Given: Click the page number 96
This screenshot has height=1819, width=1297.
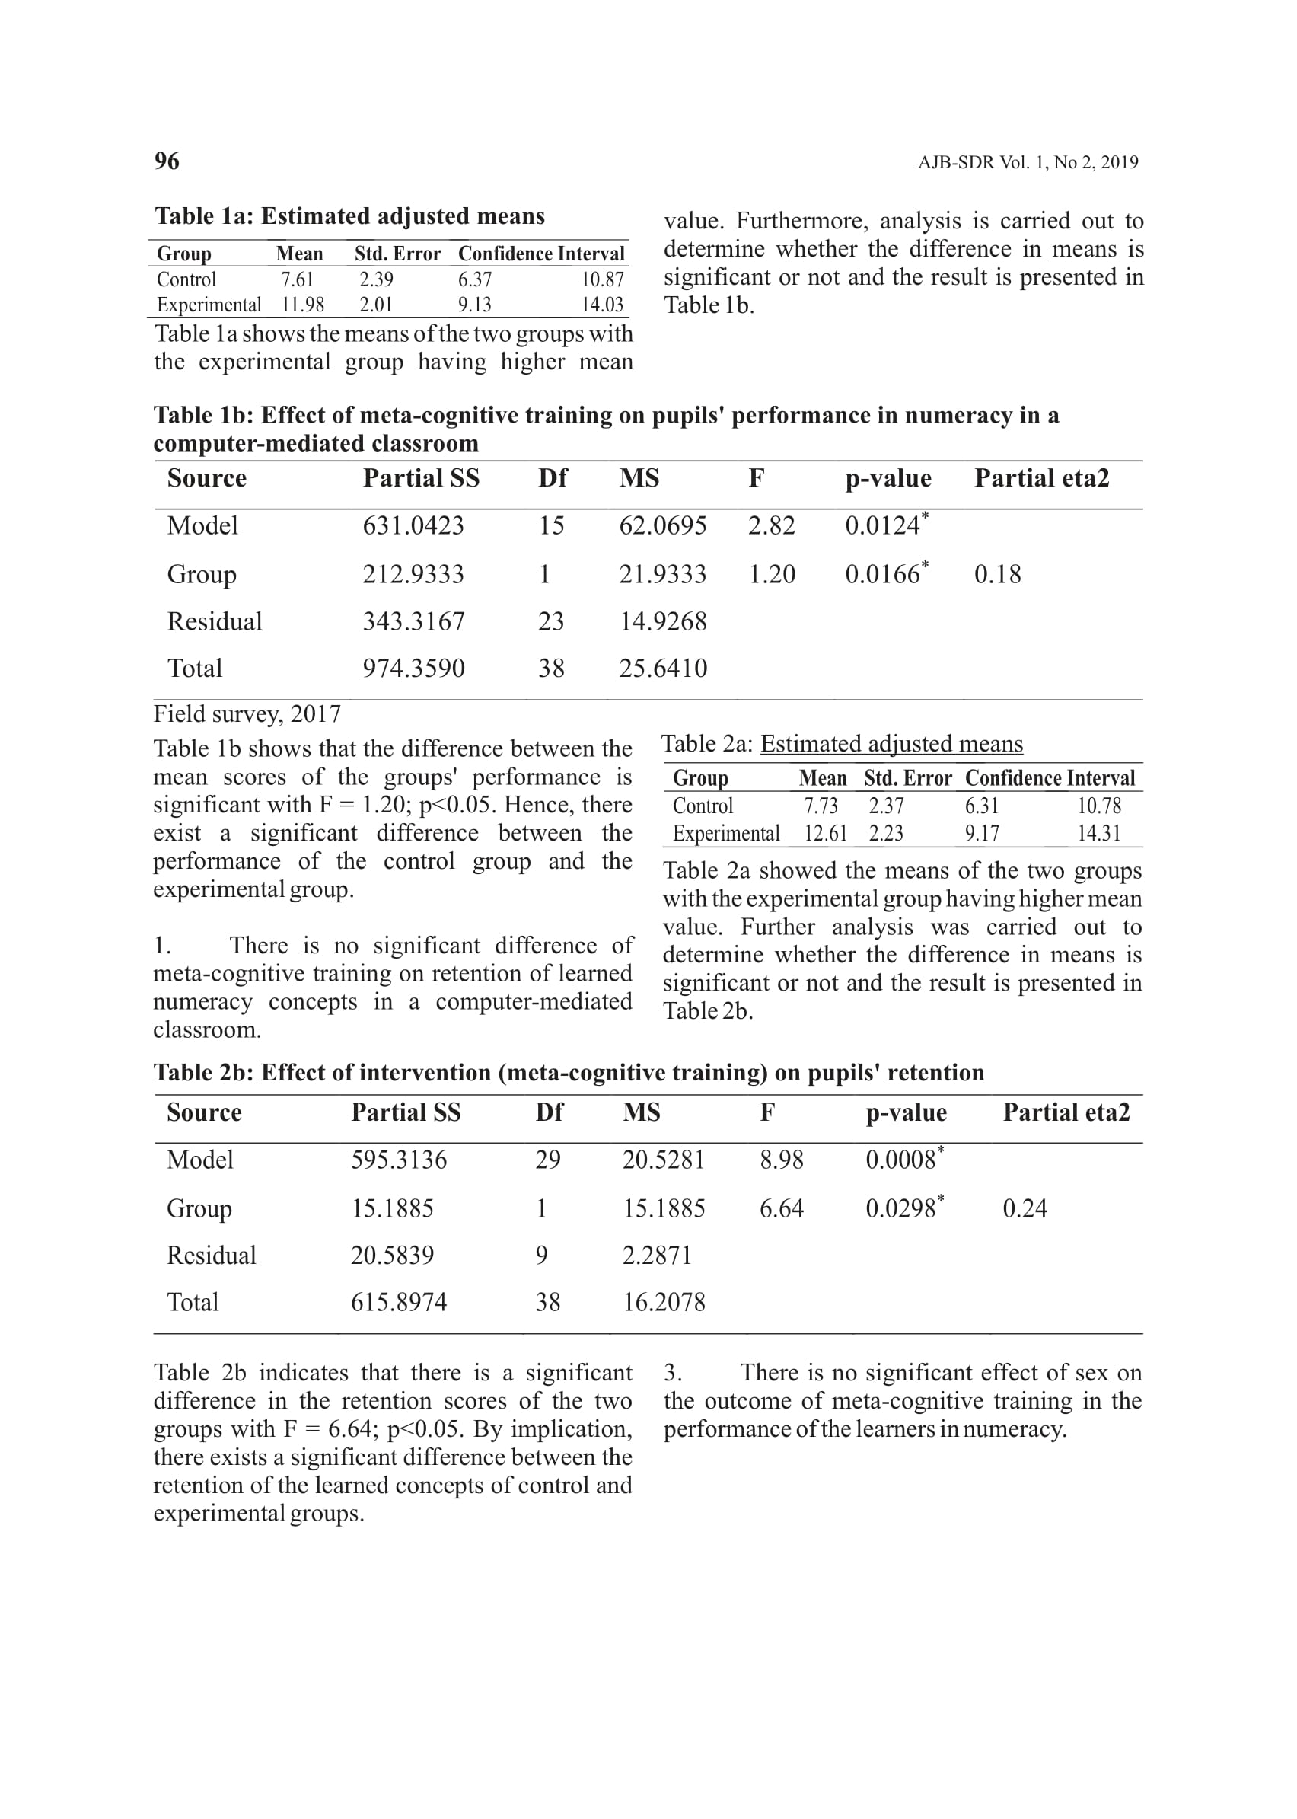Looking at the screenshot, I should point(167,161).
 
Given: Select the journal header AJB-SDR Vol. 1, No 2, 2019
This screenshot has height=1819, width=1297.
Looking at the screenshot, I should point(1028,163).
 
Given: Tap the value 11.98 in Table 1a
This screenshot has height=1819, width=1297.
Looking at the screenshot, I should point(303,305).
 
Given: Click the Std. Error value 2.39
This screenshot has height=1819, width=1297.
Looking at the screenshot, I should point(376,279).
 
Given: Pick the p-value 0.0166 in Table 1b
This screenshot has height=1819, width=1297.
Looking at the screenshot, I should point(882,574).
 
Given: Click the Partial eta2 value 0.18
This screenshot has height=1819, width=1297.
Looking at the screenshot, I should point(998,574).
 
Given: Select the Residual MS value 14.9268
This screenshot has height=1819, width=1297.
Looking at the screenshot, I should point(663,621).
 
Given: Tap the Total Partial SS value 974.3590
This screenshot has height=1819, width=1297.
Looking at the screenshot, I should point(414,669).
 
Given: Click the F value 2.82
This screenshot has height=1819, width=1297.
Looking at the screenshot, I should point(772,525).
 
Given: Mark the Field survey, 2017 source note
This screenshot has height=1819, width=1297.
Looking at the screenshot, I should point(247,714).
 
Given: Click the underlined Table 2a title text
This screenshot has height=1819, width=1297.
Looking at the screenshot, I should point(891,744).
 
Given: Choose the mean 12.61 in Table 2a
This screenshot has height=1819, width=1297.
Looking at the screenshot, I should point(825,834).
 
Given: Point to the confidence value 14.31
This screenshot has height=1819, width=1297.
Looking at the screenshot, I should point(1099,834).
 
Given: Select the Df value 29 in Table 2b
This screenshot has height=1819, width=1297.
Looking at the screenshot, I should point(548,1160).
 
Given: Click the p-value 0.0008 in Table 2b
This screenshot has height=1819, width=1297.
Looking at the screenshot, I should point(901,1160).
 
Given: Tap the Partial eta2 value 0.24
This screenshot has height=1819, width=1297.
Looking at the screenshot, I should point(1025,1208).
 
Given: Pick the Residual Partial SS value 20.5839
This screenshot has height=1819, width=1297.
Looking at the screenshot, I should point(392,1256).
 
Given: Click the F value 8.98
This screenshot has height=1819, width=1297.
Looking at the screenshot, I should point(781,1160).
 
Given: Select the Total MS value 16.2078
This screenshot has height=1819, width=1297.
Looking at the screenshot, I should point(664,1303).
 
